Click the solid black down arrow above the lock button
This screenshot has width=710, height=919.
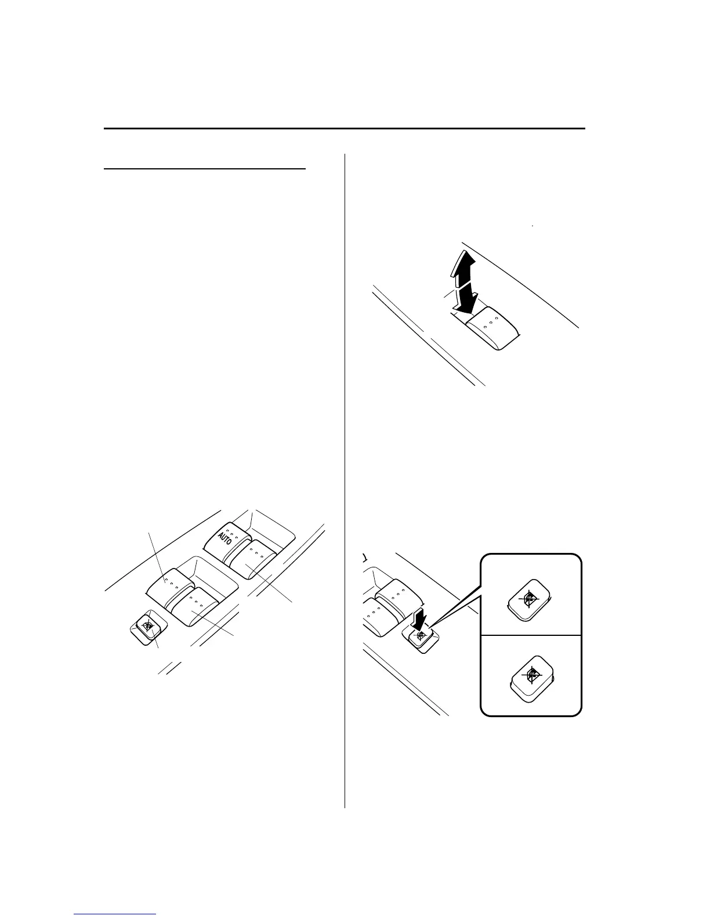pos(419,620)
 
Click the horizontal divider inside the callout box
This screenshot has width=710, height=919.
pos(531,635)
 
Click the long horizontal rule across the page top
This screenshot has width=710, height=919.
pos(345,128)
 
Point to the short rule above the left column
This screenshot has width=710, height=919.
pos(205,169)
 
